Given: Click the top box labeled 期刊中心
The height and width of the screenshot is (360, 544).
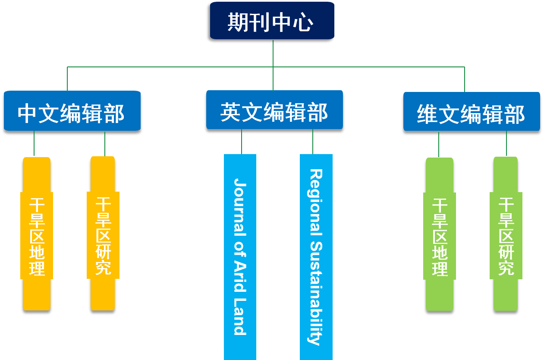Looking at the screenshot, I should [x=272, y=21].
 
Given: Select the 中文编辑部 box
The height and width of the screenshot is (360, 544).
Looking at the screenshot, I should [x=72, y=111].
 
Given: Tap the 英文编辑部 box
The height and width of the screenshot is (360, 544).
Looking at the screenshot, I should [x=274, y=110].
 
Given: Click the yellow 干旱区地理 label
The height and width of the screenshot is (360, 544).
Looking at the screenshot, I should [x=37, y=237].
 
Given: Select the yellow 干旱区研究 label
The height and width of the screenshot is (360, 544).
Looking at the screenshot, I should [x=103, y=236].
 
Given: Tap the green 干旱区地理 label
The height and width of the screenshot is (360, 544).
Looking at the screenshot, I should [x=440, y=237].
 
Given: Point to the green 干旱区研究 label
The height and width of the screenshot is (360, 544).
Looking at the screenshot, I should [x=506, y=236].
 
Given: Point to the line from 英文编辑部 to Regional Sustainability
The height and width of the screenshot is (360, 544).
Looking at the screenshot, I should [x=313, y=142].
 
